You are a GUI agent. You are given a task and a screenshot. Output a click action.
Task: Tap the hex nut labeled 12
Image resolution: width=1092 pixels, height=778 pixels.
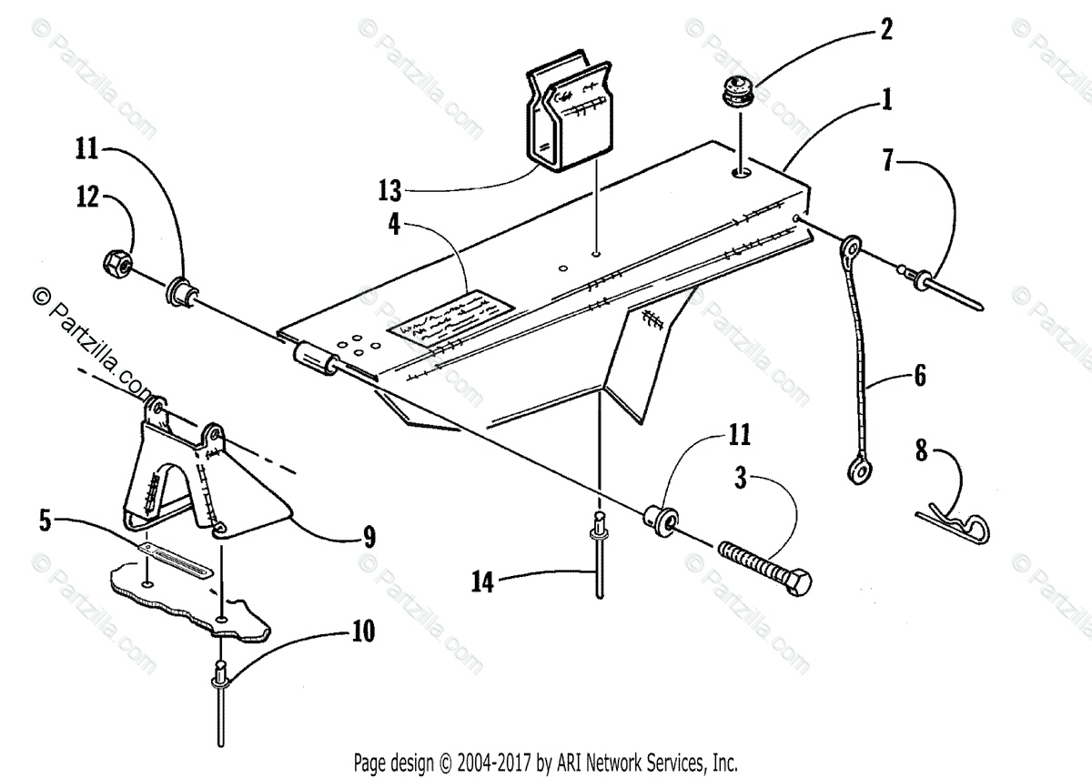click(117, 264)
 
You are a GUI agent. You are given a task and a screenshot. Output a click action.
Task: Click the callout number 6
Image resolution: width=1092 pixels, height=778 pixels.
click(919, 375)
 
